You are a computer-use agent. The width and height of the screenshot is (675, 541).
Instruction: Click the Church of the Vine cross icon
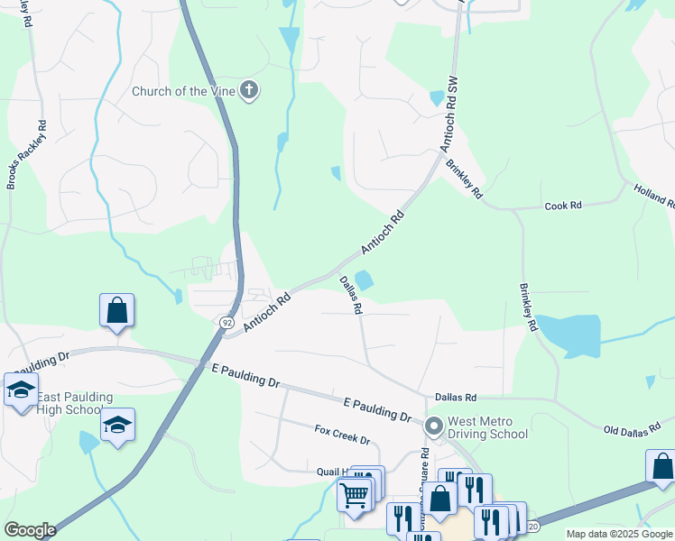pos(250,89)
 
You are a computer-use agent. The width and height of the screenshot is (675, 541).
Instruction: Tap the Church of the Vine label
pos(183,90)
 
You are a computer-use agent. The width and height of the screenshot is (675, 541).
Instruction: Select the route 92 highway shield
pos(225,321)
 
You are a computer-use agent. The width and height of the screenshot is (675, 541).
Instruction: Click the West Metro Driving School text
pos(488,427)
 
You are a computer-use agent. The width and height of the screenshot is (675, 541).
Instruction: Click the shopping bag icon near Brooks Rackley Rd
pos(117,311)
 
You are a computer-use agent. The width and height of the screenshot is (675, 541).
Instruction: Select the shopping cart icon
pos(354,494)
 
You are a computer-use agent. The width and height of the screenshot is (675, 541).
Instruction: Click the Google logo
pos(30,530)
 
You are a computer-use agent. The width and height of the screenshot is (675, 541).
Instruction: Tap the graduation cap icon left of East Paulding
pos(20,390)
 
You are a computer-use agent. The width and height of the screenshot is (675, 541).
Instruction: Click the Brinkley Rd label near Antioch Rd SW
pos(465,179)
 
